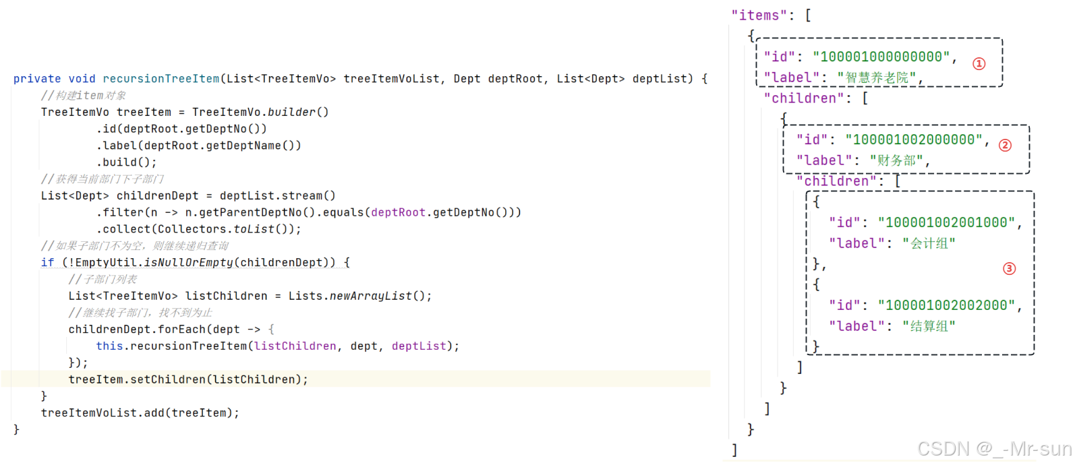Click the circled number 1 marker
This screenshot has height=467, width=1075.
pos(979,63)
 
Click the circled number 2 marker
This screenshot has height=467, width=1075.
pos(1005,146)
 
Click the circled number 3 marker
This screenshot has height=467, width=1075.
pos(1009,269)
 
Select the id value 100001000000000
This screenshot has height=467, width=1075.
pos(881,57)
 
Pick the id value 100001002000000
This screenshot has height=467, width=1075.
pos(914,139)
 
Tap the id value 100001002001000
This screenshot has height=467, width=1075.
pos(947,222)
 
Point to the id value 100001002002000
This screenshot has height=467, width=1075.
pos(947,305)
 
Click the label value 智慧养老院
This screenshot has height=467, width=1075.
pos(877,78)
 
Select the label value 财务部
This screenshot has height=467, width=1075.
pos(896,161)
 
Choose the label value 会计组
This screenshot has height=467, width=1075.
pos(929,243)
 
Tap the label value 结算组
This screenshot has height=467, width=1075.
pos(929,326)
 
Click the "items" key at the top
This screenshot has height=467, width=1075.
pos(759,15)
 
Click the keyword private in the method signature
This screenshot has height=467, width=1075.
pos(37,79)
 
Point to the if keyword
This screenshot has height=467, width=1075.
pos(47,263)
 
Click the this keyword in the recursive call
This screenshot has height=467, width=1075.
pos(109,346)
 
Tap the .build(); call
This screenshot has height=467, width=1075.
pos(126,162)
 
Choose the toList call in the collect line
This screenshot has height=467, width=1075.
pos(254,229)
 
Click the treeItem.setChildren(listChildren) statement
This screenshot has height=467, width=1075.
pos(187,379)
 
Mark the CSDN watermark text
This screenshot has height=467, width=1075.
pos(993,449)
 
